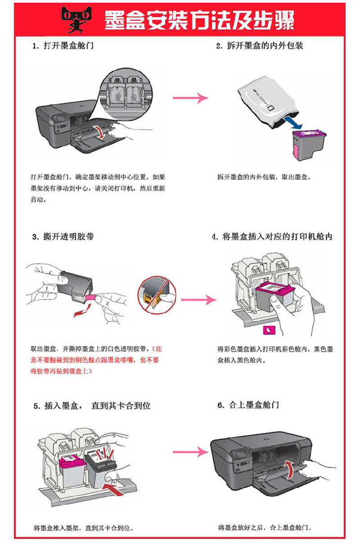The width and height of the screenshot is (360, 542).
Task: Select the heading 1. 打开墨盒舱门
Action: click(63, 46)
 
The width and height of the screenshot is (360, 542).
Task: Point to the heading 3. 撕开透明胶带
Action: click(63, 236)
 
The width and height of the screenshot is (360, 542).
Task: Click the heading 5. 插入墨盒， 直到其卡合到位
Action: click(91, 406)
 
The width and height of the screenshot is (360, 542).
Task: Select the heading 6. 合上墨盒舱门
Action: click(248, 405)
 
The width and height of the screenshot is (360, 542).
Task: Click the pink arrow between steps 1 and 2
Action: click(190, 97)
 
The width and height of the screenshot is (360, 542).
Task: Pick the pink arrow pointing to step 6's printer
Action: click(189, 451)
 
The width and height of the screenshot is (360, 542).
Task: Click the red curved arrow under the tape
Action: click(84, 310)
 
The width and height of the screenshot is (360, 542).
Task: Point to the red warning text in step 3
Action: click(95, 360)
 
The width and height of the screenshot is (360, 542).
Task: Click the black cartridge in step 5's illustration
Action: click(103, 468)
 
